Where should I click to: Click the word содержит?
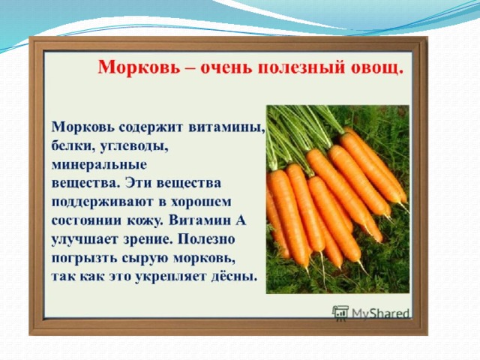(151, 127)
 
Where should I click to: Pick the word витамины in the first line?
(226, 127)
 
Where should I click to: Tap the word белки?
(73, 146)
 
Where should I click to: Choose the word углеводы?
(133, 147)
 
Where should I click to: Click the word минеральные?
(99, 165)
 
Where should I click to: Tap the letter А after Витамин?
(241, 220)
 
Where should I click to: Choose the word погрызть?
(84, 258)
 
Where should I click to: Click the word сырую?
(145, 259)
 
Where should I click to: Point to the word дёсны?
(233, 277)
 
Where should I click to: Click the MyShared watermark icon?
(340, 313)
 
